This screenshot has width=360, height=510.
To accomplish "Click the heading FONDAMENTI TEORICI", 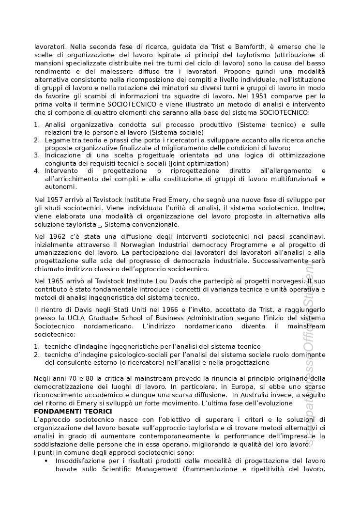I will [73, 411].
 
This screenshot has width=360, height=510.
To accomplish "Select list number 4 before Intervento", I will [37, 171].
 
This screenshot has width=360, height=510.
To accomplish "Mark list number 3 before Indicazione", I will [37, 155].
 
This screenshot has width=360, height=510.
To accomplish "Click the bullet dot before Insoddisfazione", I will [46, 461].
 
